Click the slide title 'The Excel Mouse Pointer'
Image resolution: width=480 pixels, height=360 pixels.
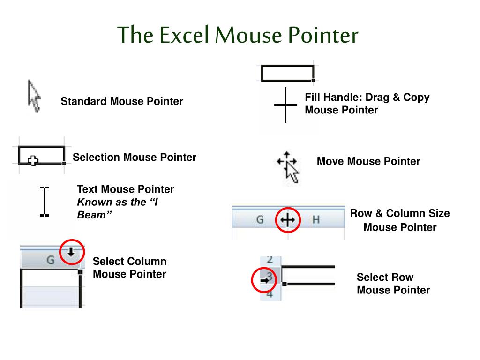point(238,35)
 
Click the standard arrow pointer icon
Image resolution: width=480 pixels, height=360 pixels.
point(34,96)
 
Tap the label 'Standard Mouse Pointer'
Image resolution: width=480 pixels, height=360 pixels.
point(122,101)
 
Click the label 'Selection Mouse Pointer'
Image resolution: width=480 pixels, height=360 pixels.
point(135,157)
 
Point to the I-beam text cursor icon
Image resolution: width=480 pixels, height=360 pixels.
point(44,201)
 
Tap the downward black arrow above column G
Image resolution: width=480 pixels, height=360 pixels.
point(71,252)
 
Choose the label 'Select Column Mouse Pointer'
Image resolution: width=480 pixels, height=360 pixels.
point(129,268)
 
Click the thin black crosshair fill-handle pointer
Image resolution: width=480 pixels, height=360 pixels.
point(285,105)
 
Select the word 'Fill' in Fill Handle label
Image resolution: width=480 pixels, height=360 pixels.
point(313,97)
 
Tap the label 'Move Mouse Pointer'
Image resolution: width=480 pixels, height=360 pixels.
point(368,162)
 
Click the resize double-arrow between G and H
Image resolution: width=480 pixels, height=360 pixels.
point(287,220)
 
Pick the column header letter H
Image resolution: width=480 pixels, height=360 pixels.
point(316,220)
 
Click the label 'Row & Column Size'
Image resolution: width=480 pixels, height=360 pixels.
point(400,214)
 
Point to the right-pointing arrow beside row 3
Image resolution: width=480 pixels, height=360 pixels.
point(264,280)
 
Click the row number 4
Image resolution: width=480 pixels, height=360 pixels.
point(270,294)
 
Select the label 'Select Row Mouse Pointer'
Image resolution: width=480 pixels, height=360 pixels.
point(393,284)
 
